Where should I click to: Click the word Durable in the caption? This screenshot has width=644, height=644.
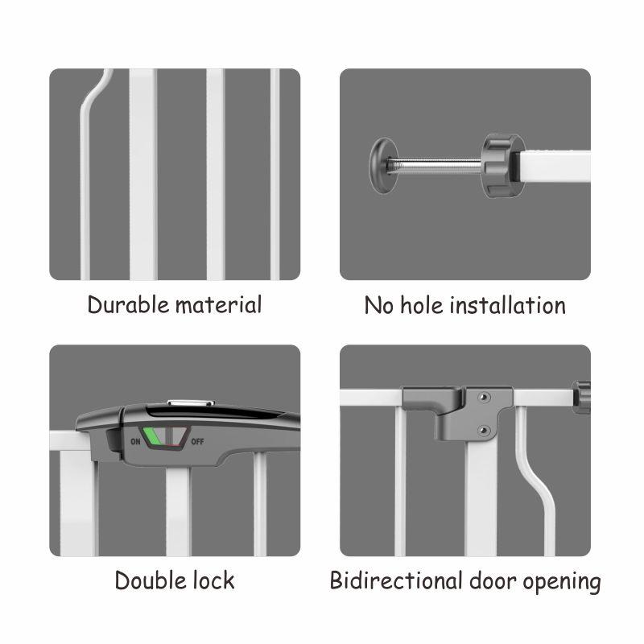(x=128, y=305)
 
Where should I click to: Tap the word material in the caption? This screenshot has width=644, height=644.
(x=218, y=305)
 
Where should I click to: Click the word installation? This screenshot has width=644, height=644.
(x=508, y=306)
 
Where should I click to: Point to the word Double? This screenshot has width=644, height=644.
(x=151, y=580)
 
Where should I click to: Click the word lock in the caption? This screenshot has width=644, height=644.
(x=213, y=580)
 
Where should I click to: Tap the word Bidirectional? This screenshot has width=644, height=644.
(x=396, y=580)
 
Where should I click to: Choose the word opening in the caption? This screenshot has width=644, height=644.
(x=562, y=583)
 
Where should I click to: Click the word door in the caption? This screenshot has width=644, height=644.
(x=493, y=580)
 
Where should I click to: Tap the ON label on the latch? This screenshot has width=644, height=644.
(x=135, y=442)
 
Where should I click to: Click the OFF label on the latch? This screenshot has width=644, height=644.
(x=197, y=442)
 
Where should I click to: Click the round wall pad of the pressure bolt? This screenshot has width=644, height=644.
(x=383, y=166)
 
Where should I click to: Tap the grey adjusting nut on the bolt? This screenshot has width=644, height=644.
(x=502, y=166)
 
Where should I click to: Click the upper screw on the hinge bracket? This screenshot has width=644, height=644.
(x=485, y=398)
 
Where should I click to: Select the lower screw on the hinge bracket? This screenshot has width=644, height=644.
(x=485, y=430)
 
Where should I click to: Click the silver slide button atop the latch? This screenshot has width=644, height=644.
(x=191, y=403)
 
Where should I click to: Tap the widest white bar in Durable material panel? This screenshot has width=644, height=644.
(x=143, y=174)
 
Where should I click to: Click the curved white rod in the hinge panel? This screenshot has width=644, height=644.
(x=535, y=481)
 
